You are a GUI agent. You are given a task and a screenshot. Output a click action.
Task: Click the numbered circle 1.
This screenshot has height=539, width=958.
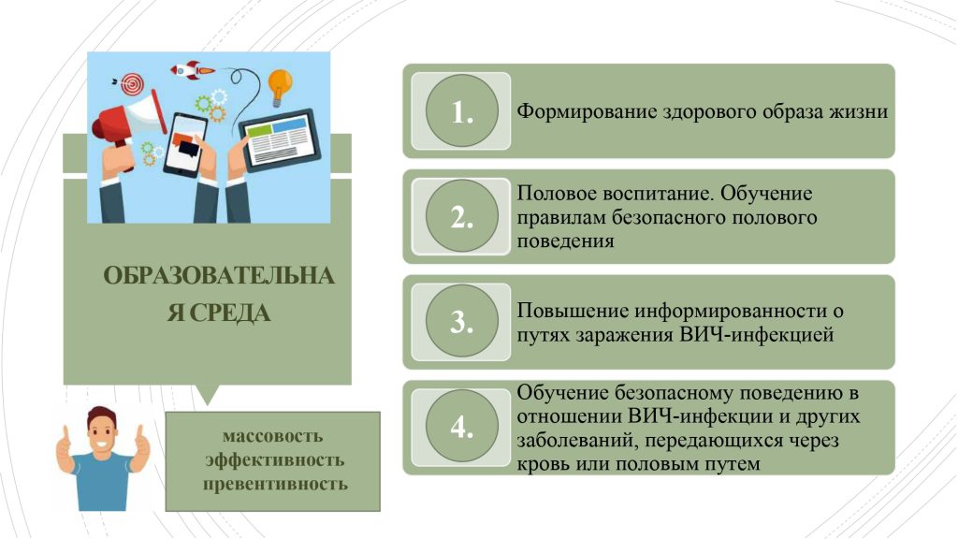(x=462, y=110)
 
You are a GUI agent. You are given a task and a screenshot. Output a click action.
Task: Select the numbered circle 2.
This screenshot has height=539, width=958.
(x=462, y=216)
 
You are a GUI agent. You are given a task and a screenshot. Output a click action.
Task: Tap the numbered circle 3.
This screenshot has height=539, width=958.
(x=462, y=321)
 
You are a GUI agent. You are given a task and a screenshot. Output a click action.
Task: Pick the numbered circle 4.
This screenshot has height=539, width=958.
(x=462, y=426)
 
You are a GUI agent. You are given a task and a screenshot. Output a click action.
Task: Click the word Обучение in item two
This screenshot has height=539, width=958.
(x=766, y=194)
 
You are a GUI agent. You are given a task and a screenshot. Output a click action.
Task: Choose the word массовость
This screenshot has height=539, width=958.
(x=272, y=436)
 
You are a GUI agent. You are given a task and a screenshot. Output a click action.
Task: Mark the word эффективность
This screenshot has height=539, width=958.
(x=274, y=460)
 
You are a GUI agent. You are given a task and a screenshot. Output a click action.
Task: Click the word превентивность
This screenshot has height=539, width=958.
(x=275, y=484)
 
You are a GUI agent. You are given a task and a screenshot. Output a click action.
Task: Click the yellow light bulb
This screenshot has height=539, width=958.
(x=280, y=86)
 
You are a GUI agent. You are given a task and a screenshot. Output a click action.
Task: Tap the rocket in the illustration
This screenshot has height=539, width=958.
(x=192, y=69)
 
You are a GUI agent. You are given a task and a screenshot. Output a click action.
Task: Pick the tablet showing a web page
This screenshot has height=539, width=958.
(x=280, y=140)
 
